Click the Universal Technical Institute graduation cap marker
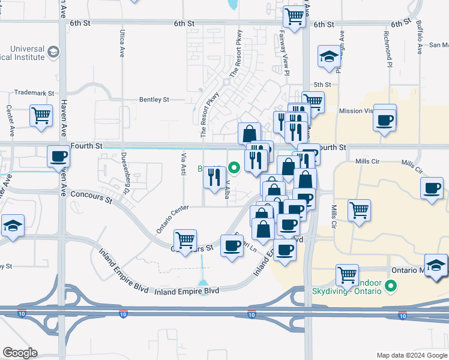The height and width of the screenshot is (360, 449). tap(53, 52)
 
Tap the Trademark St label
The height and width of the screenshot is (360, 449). tap(34, 94)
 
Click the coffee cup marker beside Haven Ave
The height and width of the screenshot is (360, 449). tap(58, 157)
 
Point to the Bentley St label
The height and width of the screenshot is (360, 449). tap(154, 100)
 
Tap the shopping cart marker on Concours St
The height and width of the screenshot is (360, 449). tap(185, 239)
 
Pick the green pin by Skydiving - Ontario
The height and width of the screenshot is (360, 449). tap(391, 286)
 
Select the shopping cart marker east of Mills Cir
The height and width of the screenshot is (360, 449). tap(359, 210)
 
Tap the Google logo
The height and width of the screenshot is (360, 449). tap(20, 353)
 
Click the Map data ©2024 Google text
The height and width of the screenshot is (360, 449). tap(411, 355)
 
